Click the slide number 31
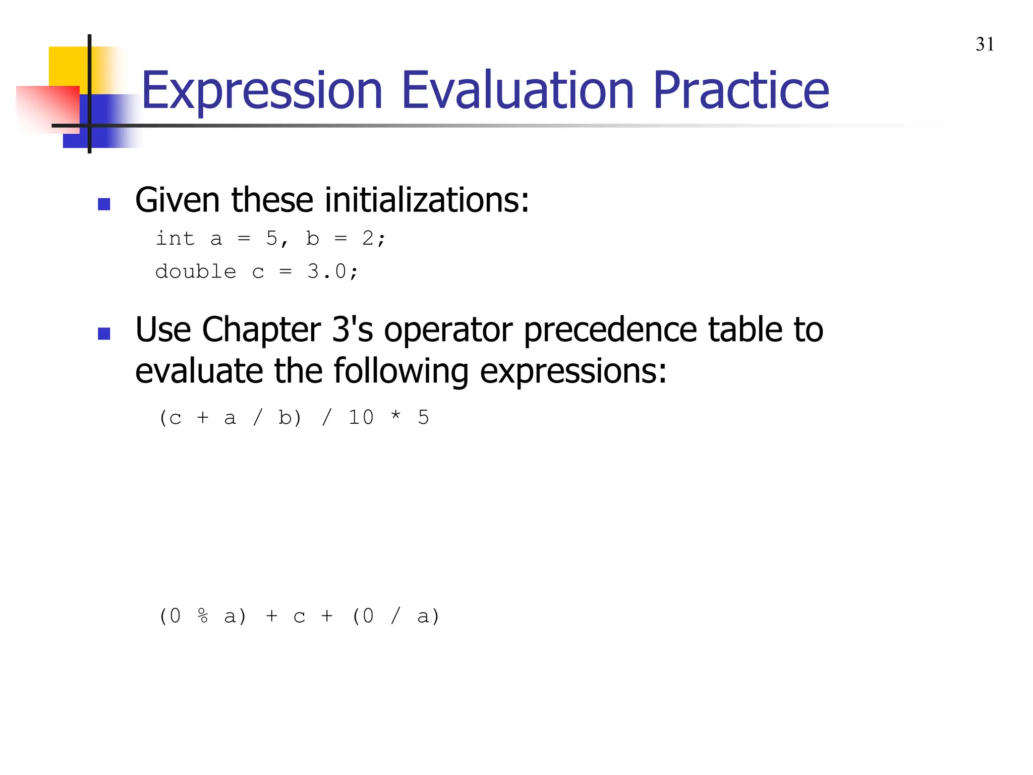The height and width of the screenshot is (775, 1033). [x=985, y=44]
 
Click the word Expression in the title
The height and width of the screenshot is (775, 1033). [x=262, y=91]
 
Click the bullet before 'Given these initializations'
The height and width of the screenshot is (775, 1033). [x=104, y=204]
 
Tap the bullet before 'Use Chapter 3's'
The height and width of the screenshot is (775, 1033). [x=104, y=334]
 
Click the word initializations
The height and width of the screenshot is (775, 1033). [x=427, y=200]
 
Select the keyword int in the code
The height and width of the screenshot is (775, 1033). [x=175, y=238]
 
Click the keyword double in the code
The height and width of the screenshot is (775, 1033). [x=195, y=271]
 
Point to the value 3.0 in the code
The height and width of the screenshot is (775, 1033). [x=326, y=271]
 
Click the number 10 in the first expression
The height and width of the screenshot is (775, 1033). [x=361, y=417]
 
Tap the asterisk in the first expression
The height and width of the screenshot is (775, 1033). [x=395, y=416]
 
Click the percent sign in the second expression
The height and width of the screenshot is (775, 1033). [x=203, y=616]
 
